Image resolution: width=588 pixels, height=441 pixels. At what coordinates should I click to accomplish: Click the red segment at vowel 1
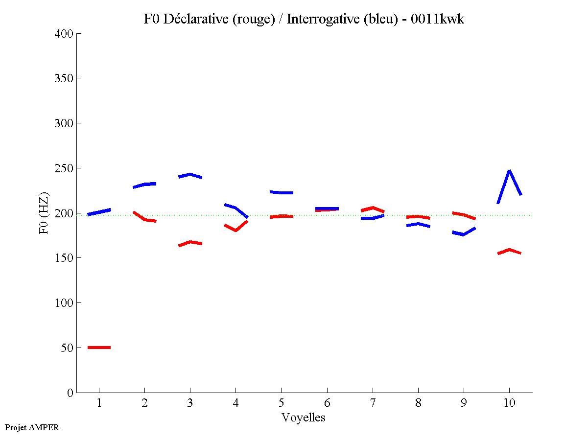pos(99,347)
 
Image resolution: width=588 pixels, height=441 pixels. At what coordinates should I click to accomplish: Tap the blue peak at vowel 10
pos(510,171)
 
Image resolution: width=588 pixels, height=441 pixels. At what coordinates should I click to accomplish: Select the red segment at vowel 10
pos(509,250)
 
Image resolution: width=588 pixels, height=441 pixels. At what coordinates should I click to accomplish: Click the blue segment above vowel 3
pos(190,175)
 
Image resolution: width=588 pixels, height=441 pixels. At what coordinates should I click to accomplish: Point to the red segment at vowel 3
pos(190,242)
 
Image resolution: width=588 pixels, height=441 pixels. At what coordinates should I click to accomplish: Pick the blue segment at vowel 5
pos(281,192)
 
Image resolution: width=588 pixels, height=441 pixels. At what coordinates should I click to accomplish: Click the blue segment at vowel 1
pos(99,212)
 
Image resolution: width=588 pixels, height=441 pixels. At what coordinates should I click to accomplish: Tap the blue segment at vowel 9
pos(463,233)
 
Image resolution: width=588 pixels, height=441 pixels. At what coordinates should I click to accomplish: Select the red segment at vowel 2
pos(144,218)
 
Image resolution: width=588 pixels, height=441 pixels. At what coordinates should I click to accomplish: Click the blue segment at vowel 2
pos(144,185)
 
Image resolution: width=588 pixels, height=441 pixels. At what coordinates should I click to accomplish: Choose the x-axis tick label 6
pos(327,403)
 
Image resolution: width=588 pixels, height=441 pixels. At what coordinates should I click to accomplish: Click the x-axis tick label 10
pos(509,403)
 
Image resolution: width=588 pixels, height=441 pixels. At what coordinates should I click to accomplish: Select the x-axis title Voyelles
pos(304,418)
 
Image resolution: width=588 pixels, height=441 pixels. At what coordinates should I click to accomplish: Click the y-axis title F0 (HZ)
pos(44,213)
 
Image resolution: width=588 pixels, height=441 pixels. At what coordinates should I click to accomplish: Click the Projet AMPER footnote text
pos(32,427)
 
